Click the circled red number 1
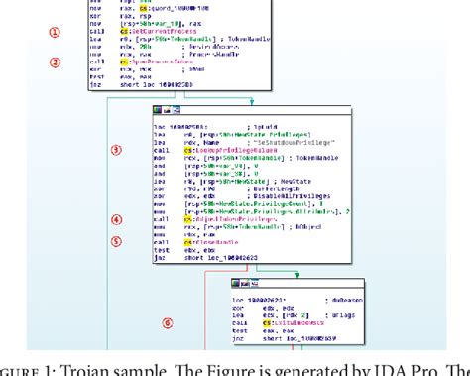pyautogui.click(x=55, y=32)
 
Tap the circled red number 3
pyautogui.click(x=116, y=150)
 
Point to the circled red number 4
pyautogui.click(x=116, y=219)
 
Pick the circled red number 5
pyautogui.click(x=116, y=239)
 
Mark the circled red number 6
pyautogui.click(x=167, y=320)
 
